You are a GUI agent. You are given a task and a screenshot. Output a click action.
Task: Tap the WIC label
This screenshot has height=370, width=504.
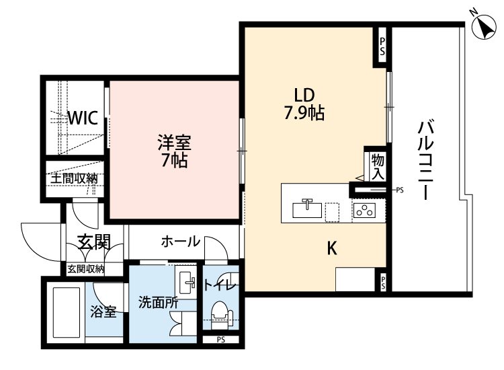click(83, 118)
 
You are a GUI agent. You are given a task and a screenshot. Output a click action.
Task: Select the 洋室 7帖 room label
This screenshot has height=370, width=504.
click(174, 151)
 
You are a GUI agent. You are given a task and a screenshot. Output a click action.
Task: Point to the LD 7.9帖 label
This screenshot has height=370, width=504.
click(304, 104)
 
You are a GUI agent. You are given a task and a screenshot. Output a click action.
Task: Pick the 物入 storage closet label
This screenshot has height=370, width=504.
click(378, 167)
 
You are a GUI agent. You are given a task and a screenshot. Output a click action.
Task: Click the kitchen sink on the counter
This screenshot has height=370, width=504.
click(307, 209)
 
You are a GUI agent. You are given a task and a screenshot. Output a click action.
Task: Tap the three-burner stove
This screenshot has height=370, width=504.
click(364, 211)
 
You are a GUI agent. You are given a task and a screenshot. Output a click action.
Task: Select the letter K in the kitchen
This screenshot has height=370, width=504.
click(332, 248)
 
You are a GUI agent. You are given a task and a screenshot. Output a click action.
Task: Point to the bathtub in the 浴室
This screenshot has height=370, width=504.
click(67, 312)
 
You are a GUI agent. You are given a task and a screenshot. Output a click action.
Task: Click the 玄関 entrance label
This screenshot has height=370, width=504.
click(95, 242)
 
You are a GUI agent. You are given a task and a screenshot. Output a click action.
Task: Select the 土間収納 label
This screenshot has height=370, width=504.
click(74, 178)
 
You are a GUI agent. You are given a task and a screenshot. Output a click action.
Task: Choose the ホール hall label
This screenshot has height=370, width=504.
click(180, 242)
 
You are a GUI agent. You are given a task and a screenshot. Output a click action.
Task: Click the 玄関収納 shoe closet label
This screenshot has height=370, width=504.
click(85, 268)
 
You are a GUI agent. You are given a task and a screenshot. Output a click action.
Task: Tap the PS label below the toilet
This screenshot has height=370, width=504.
click(221, 340)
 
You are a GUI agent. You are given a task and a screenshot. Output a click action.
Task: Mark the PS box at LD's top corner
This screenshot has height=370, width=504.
click(382, 46)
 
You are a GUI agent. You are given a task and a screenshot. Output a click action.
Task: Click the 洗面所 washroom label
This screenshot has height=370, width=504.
click(158, 303)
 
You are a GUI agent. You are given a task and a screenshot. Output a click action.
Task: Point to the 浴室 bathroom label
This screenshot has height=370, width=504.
click(103, 311)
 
